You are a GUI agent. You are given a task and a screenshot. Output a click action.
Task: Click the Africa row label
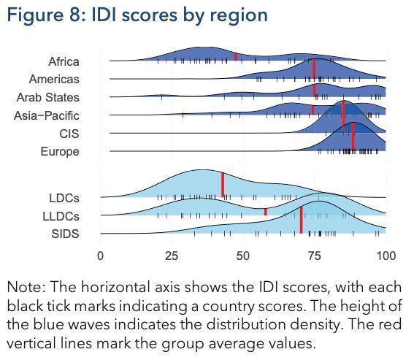click(64, 61)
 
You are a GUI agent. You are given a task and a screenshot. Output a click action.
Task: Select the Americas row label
click(54, 79)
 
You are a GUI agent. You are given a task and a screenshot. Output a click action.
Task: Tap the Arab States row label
click(47, 97)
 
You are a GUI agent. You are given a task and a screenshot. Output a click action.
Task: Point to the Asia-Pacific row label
click(47, 115)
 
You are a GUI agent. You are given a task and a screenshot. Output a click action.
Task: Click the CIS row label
click(69, 134)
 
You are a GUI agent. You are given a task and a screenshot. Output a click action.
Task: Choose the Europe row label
click(60, 152)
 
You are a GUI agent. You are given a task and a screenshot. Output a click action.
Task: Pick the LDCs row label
click(64, 198)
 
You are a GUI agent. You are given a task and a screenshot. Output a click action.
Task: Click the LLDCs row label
click(61, 216)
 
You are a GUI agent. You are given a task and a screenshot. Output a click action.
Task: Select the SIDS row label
click(65, 234)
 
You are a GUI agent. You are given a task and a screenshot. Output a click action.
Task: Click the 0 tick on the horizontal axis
click(100, 256)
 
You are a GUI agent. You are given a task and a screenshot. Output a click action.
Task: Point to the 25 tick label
click(172, 256)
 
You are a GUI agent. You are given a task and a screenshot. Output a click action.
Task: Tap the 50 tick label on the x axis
click(243, 256)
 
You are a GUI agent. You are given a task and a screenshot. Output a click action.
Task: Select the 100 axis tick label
click(386, 256)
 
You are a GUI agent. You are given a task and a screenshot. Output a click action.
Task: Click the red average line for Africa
click(236, 56)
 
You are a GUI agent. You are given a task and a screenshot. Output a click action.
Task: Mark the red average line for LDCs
click(223, 185)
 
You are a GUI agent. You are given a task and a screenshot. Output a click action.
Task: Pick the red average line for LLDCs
click(266, 212)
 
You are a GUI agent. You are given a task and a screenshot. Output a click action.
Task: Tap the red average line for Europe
click(353, 137)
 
